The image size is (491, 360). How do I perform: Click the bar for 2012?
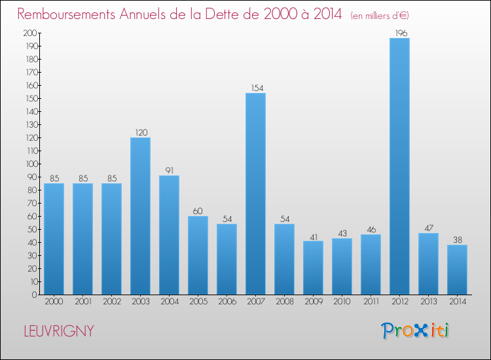tap(399, 166)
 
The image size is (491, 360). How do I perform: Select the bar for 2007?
tap(255, 194)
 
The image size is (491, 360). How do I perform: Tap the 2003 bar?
tap(140, 216)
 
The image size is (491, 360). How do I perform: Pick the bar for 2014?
tap(457, 270)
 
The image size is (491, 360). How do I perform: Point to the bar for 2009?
tap(313, 268)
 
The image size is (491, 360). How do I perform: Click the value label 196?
tap(401, 33)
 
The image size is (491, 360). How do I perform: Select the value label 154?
tap(257, 88)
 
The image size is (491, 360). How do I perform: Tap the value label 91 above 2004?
tap(170, 170)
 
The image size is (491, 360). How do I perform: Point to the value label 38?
tap(458, 240)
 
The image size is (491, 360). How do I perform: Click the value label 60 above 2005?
tap(198, 211)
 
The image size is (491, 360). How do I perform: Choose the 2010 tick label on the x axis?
tap(342, 301)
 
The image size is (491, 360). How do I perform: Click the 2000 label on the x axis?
tap(54, 301)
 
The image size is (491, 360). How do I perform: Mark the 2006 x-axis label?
tap(227, 301)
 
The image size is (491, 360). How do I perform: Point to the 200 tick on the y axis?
tap(29, 33)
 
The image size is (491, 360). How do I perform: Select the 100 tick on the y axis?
tap(31, 164)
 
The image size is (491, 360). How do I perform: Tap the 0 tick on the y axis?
tap(35, 295)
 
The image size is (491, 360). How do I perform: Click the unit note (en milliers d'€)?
tap(380, 15)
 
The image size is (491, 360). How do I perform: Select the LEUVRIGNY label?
tap(59, 331)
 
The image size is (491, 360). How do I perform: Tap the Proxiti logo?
tap(415, 331)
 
